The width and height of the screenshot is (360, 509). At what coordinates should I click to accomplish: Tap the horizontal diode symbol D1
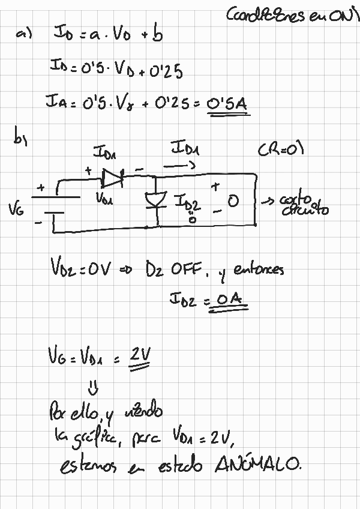(112, 176)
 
